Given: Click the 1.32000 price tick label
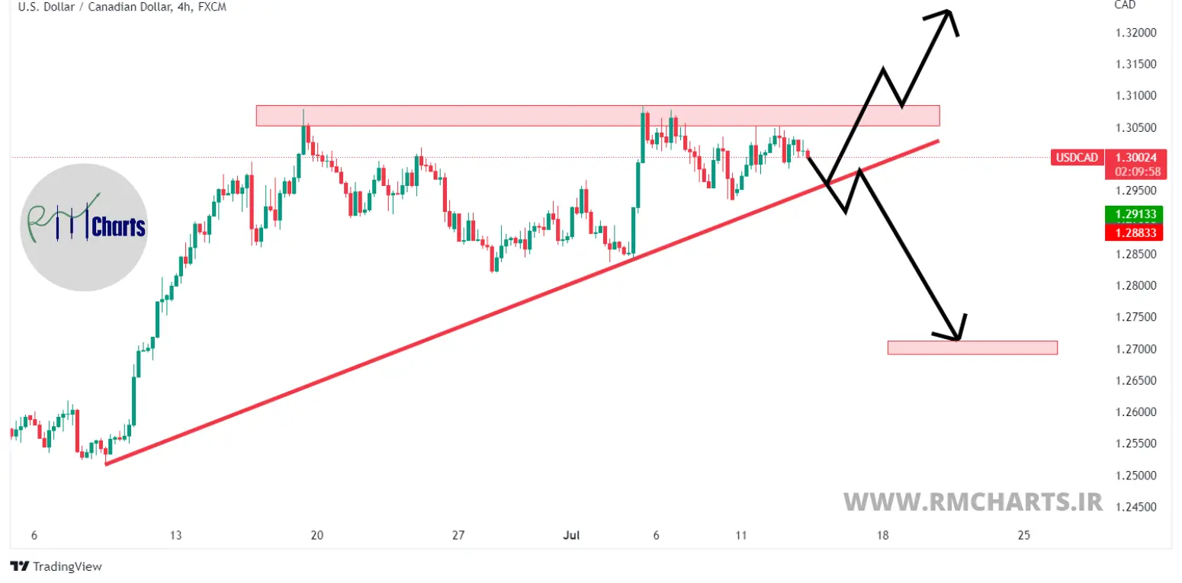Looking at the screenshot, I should point(1134,33).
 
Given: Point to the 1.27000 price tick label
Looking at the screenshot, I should point(1134,349).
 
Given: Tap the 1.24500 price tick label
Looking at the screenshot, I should point(1134,507).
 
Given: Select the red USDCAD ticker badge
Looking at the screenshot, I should point(1077,158).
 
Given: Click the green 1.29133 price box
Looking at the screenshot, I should point(1134,213).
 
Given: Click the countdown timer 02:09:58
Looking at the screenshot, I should point(1134,171).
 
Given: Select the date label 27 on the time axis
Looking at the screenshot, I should point(458,536).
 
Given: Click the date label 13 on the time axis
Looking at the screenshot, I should point(176,536).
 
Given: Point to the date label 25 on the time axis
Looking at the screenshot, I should point(1023,536).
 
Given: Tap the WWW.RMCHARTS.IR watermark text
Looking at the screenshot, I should point(972,501).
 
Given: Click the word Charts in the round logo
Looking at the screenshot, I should point(118,227).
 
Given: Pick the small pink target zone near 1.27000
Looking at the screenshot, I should point(972,348).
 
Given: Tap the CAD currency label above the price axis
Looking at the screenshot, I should point(1125,5).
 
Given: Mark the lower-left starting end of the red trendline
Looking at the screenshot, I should point(106,463).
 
